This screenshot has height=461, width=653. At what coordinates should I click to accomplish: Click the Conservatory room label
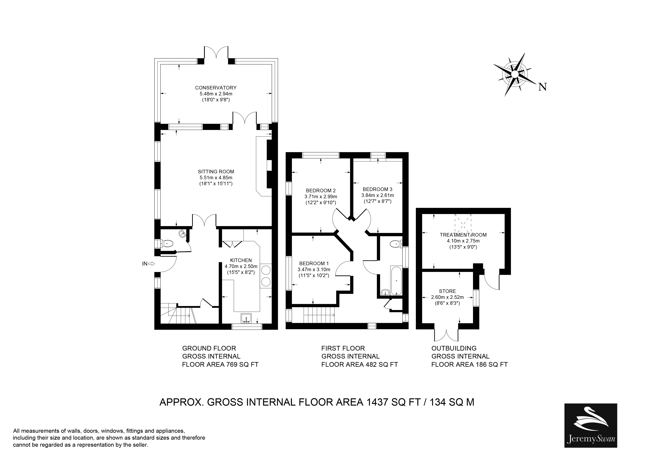click(x=216, y=88)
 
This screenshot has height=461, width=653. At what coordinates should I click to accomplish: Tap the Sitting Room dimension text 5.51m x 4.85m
click(x=216, y=178)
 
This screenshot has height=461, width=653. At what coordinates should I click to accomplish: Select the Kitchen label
click(x=241, y=260)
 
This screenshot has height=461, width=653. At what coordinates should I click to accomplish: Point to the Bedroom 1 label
click(x=314, y=264)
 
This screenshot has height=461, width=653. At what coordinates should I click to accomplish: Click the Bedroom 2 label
click(x=321, y=191)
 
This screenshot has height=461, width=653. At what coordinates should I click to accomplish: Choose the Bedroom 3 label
click(x=377, y=189)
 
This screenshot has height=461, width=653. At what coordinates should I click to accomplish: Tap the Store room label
click(x=447, y=291)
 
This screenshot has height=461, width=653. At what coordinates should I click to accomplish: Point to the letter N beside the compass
click(x=543, y=87)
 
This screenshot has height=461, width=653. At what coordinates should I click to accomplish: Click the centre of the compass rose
click(x=515, y=74)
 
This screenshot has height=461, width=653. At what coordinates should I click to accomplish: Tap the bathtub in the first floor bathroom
click(x=396, y=280)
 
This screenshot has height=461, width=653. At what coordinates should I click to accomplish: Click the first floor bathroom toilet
click(x=396, y=243)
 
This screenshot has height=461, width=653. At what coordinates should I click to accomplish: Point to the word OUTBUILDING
click(x=454, y=348)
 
